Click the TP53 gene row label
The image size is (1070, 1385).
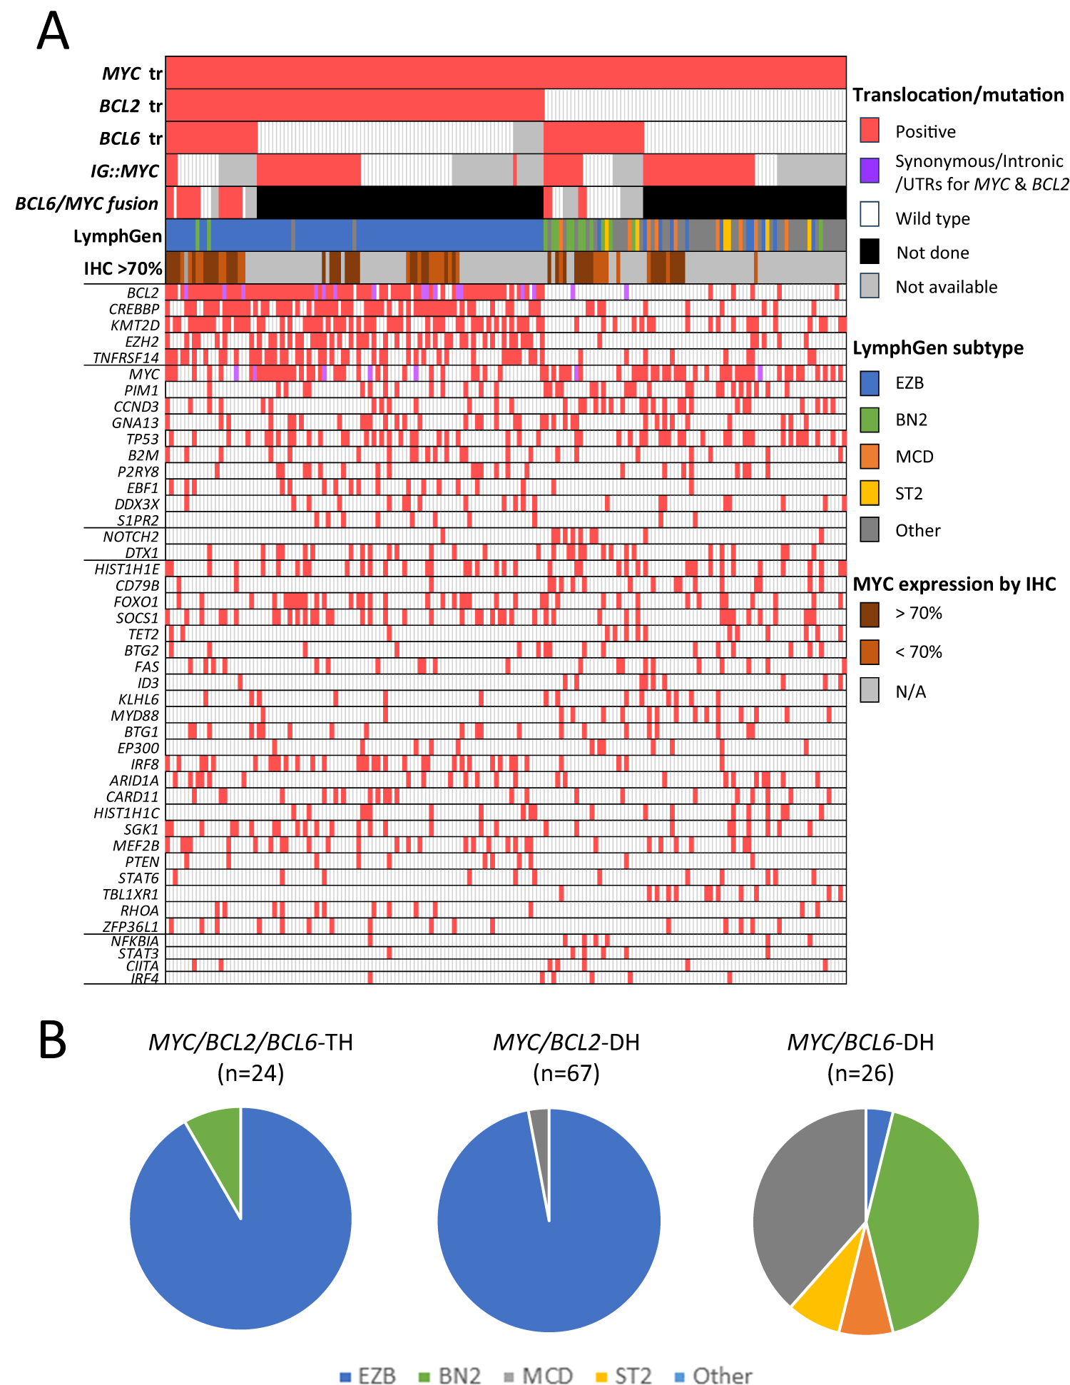tap(143, 440)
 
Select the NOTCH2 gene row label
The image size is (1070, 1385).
tap(131, 537)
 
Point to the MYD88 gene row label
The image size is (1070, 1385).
tap(135, 716)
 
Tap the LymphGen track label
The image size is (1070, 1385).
tap(118, 236)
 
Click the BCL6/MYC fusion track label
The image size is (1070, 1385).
tap(87, 204)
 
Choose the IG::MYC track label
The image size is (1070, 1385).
tap(124, 171)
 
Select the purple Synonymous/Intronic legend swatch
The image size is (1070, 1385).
tap(870, 171)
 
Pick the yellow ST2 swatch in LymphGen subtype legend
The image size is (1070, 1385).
tap(870, 493)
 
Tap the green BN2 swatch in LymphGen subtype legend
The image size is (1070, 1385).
tap(870, 420)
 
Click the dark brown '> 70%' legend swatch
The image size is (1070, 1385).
tap(870, 614)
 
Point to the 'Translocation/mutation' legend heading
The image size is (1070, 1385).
tap(958, 95)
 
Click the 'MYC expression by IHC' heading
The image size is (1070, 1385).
tap(954, 584)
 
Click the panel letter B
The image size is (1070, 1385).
tap(52, 1040)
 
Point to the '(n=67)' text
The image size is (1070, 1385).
tap(566, 1073)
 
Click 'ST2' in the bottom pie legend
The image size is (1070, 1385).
tap(633, 1376)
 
